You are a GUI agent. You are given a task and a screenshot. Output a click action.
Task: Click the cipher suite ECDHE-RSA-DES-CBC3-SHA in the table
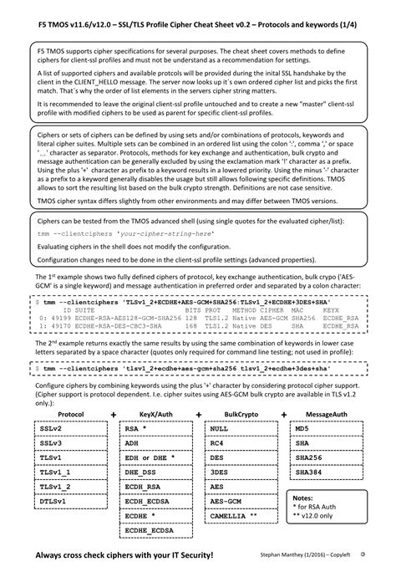coord(126,326)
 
